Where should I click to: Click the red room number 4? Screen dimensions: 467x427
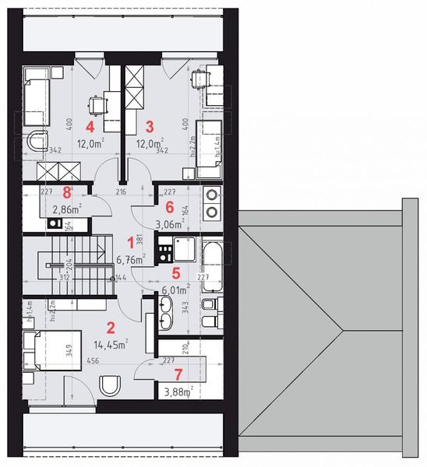(90, 125)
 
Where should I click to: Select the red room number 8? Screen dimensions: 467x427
(67, 191)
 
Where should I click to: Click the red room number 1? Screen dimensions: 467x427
(131, 244)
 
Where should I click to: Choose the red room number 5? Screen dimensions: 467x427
(176, 273)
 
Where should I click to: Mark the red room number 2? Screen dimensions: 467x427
(111, 328)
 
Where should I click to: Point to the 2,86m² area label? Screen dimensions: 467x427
(67, 209)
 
